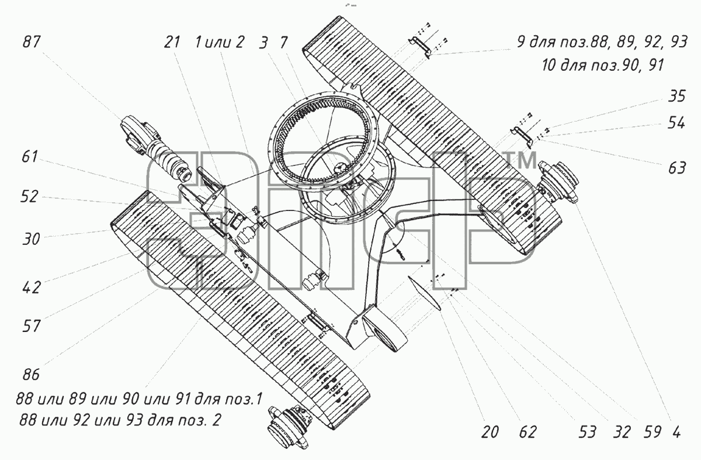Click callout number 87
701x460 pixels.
pos(32,42)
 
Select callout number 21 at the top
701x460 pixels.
pos(172,42)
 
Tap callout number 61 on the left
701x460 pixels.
pos(30,157)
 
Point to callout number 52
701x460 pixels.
pos(29,196)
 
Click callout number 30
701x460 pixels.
pos(31,239)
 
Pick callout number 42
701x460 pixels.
pos(32,288)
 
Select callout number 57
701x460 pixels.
pos(32,326)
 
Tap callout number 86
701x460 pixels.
pos(31,375)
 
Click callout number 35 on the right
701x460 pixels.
pos(677,96)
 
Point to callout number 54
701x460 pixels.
pos(676,123)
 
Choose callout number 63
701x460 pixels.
pos(677,168)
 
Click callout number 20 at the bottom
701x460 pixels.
pos(490,433)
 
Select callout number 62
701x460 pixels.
pos(528,433)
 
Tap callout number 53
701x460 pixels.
pos(587,433)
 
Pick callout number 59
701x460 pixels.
pos(653,433)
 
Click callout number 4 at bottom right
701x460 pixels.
pos(676,433)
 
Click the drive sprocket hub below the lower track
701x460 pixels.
pos(288,428)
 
